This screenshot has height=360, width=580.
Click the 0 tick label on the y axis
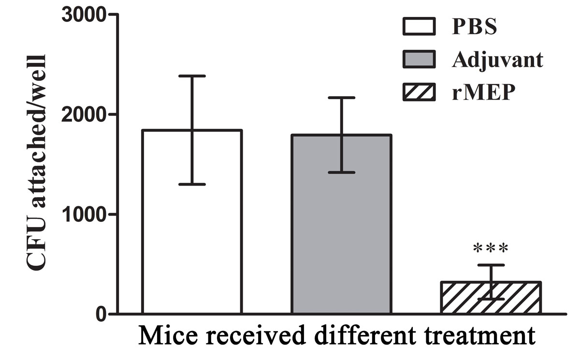click(x=101, y=314)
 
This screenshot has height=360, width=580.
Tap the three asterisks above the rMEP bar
click(x=491, y=249)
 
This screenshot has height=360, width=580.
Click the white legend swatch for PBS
click(x=419, y=27)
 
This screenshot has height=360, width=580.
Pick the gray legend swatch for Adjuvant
click(x=419, y=59)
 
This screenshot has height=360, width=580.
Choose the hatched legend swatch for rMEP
click(x=419, y=92)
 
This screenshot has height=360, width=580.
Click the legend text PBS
click(x=474, y=27)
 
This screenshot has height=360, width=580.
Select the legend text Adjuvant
click(x=498, y=59)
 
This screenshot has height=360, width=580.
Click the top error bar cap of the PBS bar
click(x=191, y=76)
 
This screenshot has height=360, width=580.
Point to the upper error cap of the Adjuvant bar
click(x=341, y=98)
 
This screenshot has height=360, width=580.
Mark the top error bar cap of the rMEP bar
click(x=491, y=265)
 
